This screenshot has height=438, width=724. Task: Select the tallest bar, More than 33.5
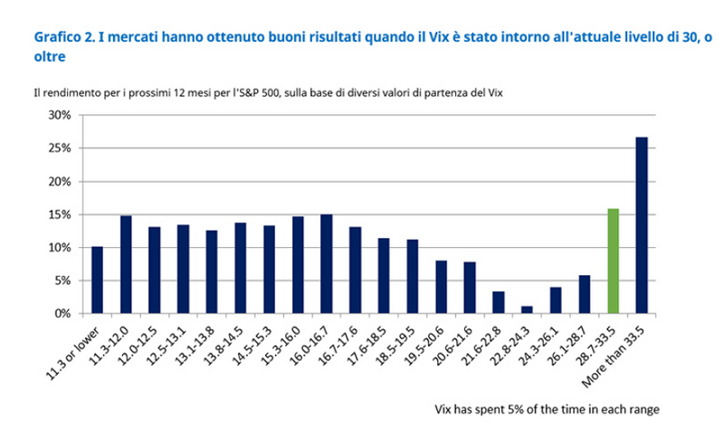click(x=642, y=225)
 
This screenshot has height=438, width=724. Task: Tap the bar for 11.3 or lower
click(x=97, y=280)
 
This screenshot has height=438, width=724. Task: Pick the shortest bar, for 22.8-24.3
click(x=527, y=309)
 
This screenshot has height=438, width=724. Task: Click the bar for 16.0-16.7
click(x=326, y=264)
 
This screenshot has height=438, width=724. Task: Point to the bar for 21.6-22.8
click(x=498, y=302)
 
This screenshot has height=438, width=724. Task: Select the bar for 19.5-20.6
click(x=441, y=287)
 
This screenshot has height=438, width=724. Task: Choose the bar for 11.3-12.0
click(x=126, y=264)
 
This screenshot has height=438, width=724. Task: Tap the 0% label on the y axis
click(x=61, y=313)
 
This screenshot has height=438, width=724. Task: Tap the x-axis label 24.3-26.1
click(x=540, y=344)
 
